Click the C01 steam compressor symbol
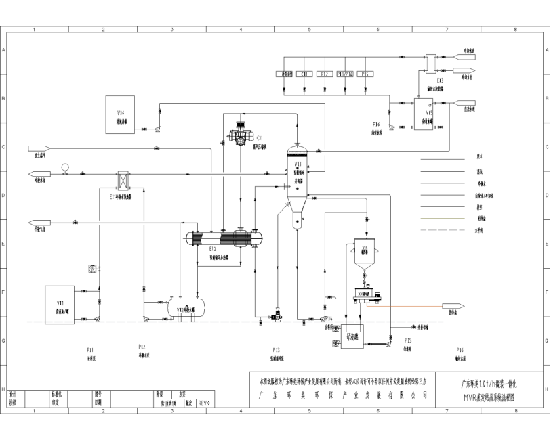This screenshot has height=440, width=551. click(x=241, y=133)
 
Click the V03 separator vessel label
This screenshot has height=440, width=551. click(x=298, y=166)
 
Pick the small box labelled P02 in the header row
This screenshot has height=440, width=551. click(x=325, y=74)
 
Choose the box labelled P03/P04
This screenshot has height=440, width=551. click(x=345, y=74)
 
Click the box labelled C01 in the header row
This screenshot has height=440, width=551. click(x=305, y=74)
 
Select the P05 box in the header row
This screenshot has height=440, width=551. click(x=365, y=74)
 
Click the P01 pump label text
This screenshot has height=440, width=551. click(x=90, y=349)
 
